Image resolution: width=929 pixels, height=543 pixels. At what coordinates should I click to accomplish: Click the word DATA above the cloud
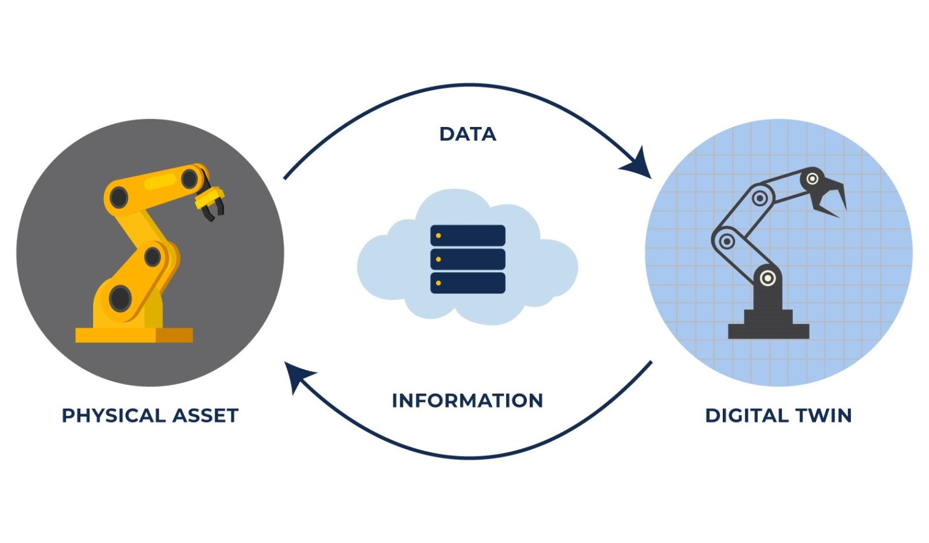click(468, 134)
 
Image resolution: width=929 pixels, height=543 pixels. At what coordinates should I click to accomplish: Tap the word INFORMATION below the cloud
click(467, 400)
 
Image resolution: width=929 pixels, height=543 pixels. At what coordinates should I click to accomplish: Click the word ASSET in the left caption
click(206, 415)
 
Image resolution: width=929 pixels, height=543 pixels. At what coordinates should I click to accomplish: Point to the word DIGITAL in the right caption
click(746, 415)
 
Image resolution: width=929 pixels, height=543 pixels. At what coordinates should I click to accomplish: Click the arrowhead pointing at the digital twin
click(638, 165)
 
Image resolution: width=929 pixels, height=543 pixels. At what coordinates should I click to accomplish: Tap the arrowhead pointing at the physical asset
click(298, 374)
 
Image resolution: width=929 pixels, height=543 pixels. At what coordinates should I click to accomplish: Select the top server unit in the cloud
click(468, 235)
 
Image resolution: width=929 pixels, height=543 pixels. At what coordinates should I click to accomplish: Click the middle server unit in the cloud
click(468, 259)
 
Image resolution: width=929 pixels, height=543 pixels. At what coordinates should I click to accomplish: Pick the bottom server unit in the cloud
click(468, 282)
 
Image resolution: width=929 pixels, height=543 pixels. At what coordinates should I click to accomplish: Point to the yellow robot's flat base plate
click(134, 335)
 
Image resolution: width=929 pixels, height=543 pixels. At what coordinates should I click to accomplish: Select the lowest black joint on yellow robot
click(120, 298)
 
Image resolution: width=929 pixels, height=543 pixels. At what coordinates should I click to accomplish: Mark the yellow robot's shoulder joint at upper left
click(118, 197)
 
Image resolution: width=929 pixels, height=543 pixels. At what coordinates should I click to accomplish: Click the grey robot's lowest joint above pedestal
click(768, 278)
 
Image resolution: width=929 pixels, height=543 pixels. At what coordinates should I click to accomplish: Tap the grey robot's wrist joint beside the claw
click(812, 179)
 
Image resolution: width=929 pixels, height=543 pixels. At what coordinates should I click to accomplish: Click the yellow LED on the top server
click(438, 235)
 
